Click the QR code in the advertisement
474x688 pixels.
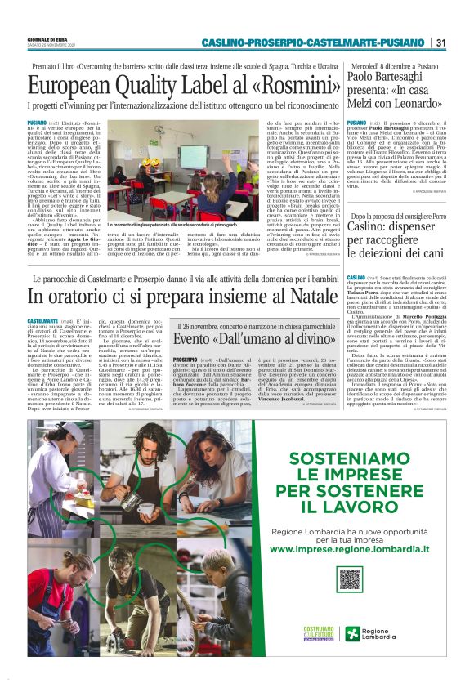[351, 578]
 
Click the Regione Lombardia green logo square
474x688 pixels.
[353, 634]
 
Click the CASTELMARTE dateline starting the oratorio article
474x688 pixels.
[42, 322]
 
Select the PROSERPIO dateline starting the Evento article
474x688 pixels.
[186, 360]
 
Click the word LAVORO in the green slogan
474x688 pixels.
[350, 508]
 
